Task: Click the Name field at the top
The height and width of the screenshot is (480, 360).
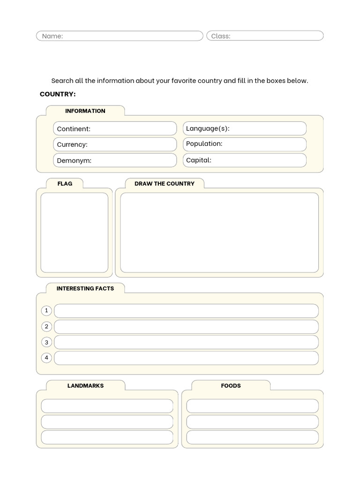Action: [120, 36]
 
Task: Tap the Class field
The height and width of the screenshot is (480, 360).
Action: [265, 36]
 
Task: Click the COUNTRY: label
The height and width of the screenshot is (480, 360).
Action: [58, 94]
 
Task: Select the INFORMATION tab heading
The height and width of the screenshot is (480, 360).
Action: [85, 111]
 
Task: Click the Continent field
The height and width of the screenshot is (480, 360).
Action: [115, 128]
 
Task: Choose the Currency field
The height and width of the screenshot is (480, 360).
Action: [115, 144]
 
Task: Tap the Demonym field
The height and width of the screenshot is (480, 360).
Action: [115, 160]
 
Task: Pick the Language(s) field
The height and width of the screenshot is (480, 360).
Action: [244, 128]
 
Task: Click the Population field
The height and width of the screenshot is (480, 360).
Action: [244, 144]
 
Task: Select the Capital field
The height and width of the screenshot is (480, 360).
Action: [244, 160]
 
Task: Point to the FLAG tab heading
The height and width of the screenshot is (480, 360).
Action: [65, 184]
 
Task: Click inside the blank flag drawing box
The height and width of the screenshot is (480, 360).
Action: [74, 232]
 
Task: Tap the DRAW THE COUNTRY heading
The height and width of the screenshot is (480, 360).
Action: [164, 184]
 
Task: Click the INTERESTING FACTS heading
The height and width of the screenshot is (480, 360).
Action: [85, 289]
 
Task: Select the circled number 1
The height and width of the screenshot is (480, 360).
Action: [46, 311]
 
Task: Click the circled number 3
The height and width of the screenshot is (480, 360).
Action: [46, 342]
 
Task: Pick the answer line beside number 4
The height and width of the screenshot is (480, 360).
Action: [186, 358]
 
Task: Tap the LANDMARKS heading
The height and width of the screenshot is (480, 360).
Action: [85, 386]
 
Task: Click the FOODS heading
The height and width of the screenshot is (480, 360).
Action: [231, 386]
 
